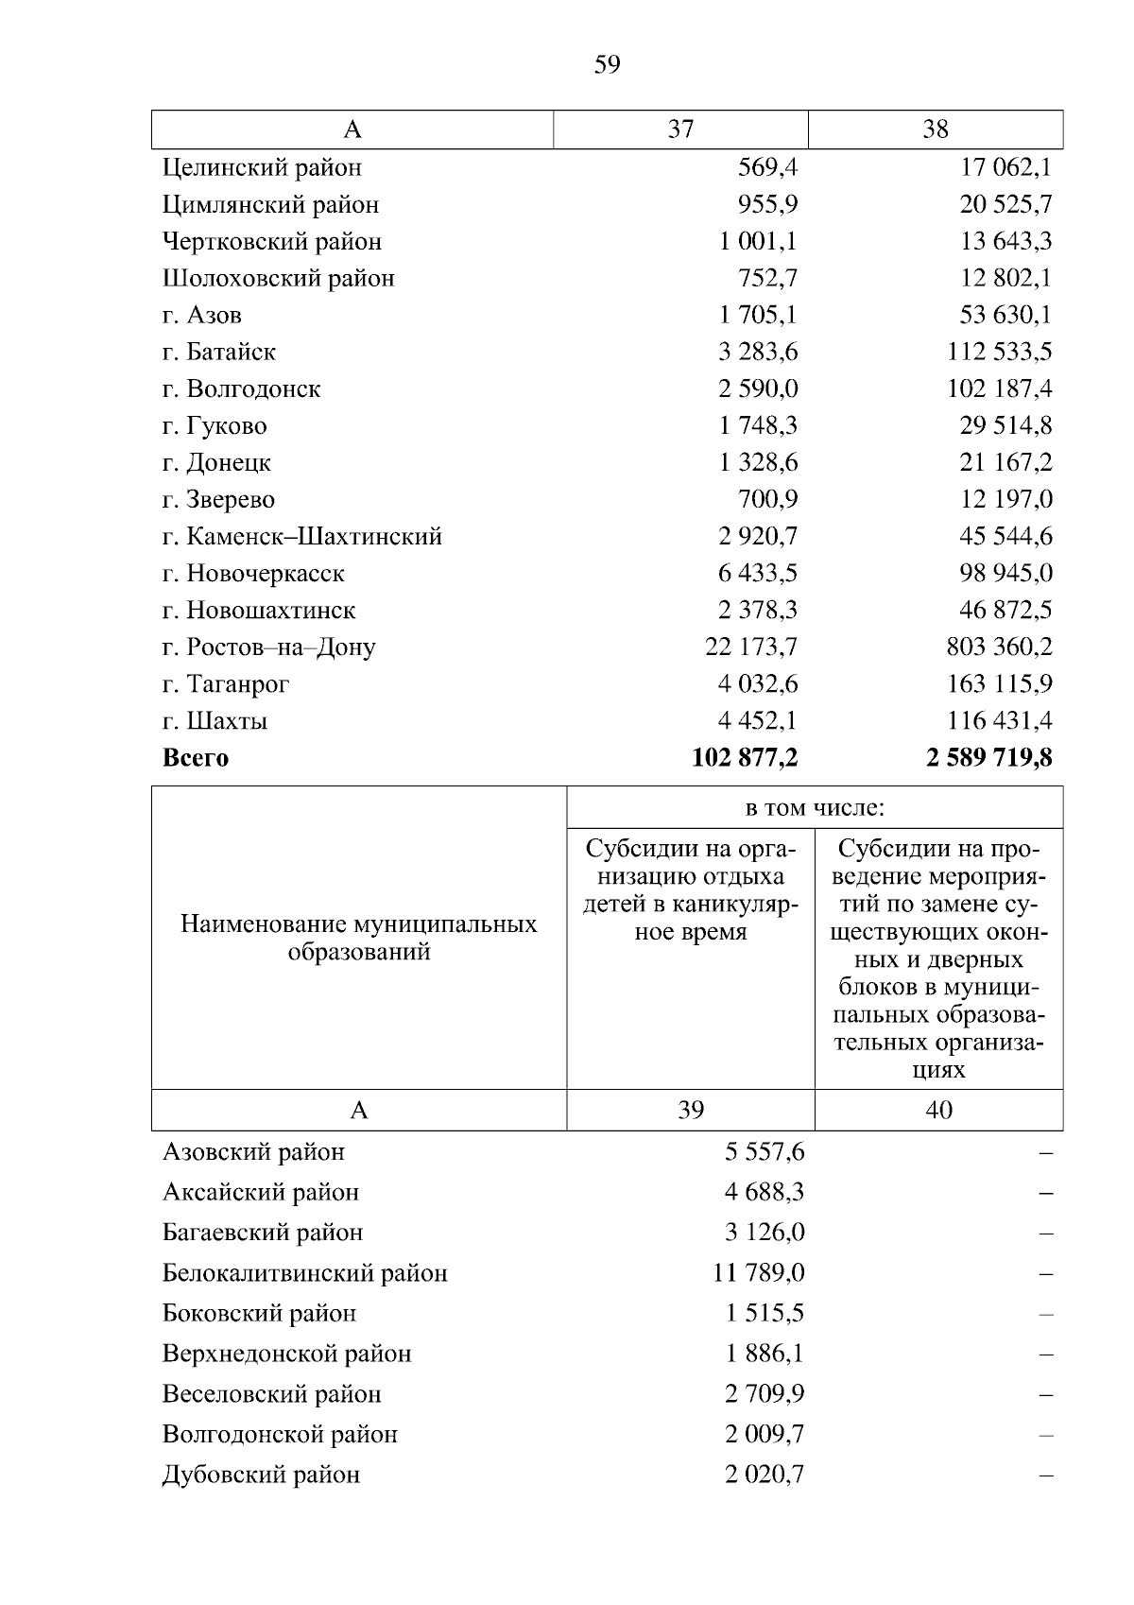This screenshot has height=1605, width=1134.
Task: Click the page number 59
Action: [607, 65]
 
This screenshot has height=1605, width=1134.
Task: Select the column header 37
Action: [680, 129]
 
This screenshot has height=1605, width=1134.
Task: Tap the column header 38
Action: [935, 129]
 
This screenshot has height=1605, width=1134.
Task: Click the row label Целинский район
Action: [262, 168]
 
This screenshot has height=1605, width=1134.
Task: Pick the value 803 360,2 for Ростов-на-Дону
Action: [999, 647]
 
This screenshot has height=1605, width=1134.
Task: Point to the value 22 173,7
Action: [751, 647]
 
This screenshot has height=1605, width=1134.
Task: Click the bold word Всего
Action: [196, 758]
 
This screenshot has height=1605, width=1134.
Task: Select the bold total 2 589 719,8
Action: [989, 758]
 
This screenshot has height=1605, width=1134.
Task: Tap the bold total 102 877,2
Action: [745, 758]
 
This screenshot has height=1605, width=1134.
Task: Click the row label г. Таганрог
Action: [226, 684]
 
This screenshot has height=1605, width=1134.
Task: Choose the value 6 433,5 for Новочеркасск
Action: [758, 574]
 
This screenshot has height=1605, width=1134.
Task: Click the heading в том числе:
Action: [815, 808]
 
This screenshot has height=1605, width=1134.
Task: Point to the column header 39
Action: [691, 1110]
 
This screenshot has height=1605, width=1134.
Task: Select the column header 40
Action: [938, 1110]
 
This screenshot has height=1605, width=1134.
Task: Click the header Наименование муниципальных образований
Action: [359, 938]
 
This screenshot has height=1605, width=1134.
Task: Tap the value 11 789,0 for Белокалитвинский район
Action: [758, 1273]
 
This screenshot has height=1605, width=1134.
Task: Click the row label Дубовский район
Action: [261, 1476]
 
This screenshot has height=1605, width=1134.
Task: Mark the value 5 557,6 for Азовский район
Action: [765, 1152]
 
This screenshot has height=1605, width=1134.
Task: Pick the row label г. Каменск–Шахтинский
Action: [302, 537]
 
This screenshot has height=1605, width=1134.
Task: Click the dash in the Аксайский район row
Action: [1045, 1193]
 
